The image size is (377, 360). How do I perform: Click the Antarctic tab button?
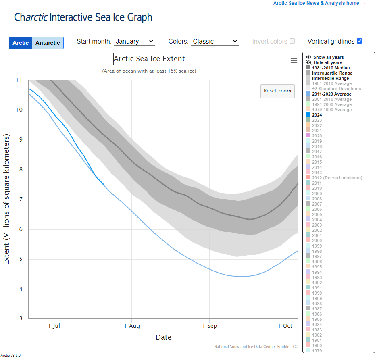[48, 43]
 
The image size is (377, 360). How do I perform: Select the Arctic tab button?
[21, 43]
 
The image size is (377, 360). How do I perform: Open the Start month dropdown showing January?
[134, 41]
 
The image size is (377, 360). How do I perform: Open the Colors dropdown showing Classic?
[215, 41]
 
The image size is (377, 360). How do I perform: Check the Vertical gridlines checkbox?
[360, 41]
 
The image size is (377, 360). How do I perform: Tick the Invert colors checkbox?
[292, 41]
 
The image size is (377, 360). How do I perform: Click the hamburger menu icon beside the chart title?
[294, 60]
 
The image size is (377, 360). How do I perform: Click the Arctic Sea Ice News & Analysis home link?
[319, 3]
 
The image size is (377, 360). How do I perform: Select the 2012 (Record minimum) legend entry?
[337, 178]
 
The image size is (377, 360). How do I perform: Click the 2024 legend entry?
[317, 115]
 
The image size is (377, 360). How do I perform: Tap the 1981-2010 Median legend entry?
[331, 68]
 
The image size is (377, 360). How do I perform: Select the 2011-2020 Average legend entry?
[331, 94]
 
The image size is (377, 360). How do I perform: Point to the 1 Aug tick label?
[131, 326]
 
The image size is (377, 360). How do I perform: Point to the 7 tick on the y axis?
[20, 200]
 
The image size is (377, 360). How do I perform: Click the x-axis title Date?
[163, 337]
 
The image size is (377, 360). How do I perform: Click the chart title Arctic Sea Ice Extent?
[149, 59]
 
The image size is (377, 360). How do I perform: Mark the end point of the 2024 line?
[104, 184]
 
